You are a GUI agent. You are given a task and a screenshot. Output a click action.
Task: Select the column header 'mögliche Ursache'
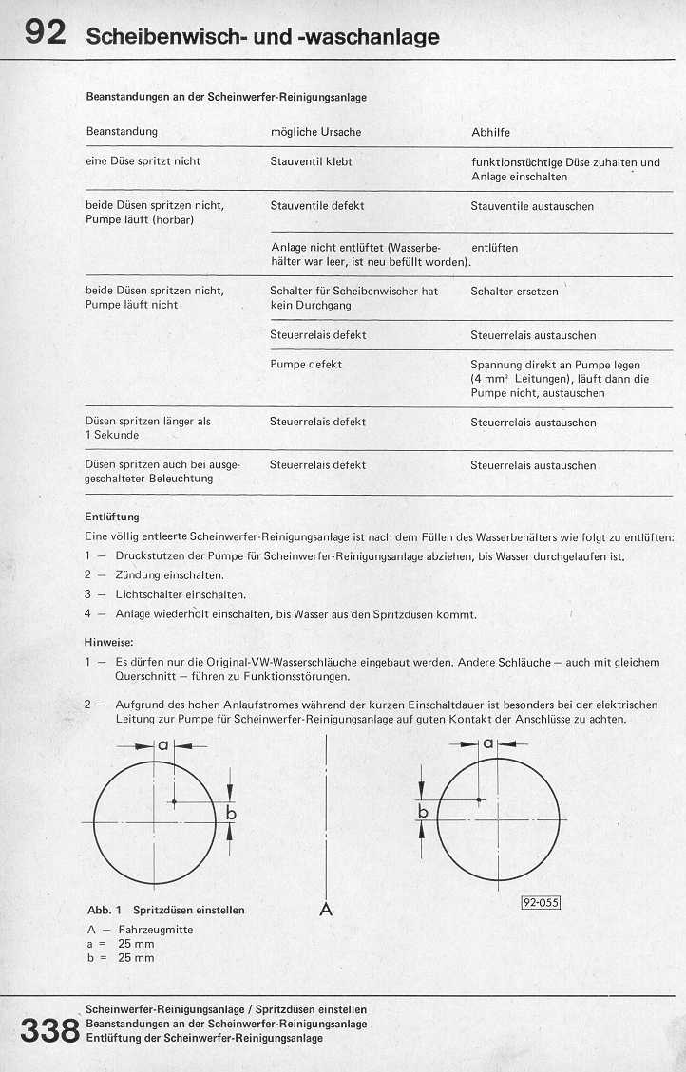click(315, 132)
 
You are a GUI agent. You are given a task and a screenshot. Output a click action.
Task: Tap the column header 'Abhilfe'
click(490, 132)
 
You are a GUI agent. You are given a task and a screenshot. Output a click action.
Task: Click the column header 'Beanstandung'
click(122, 131)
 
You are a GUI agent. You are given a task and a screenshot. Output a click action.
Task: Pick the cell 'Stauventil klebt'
click(311, 161)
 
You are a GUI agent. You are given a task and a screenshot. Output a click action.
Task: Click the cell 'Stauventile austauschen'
click(532, 206)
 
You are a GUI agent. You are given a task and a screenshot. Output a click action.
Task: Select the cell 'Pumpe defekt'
click(306, 364)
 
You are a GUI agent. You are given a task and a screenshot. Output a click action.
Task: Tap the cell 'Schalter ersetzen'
click(514, 292)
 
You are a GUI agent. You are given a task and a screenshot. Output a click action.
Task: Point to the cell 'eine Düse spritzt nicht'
click(143, 161)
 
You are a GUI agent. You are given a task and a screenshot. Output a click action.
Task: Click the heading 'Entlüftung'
click(112, 517)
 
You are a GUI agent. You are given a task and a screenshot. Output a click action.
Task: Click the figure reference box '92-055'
click(540, 903)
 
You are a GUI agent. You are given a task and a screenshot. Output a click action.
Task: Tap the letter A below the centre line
click(326, 909)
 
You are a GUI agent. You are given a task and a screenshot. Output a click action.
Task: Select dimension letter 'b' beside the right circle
click(424, 813)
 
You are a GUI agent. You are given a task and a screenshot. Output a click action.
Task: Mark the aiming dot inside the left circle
click(174, 801)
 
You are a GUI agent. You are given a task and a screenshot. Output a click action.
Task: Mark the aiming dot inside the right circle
click(478, 800)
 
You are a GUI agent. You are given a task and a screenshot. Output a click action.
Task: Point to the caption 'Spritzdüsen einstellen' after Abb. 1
click(189, 910)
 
